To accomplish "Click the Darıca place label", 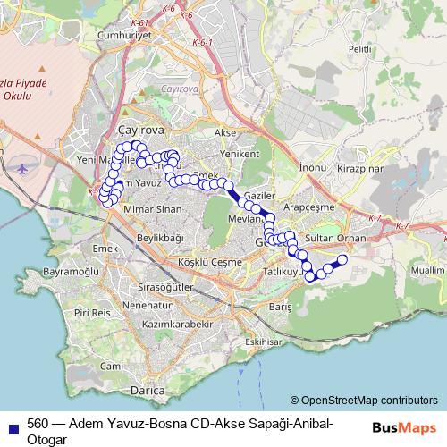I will (x=148, y=391).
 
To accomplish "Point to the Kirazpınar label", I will (x=359, y=167).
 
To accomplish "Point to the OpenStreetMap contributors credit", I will (x=364, y=401).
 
